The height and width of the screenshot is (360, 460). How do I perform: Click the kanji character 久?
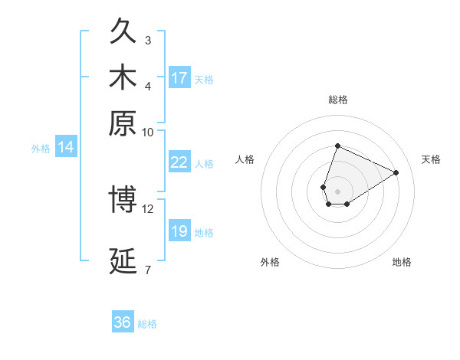(x=123, y=32)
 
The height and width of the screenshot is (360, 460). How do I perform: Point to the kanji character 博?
(x=123, y=200)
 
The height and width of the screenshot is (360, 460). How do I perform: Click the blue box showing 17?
(x=179, y=78)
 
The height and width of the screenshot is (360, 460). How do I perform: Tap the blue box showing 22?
(x=179, y=162)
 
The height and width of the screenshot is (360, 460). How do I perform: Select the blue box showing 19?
(x=179, y=231)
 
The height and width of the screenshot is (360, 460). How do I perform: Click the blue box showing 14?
(x=66, y=148)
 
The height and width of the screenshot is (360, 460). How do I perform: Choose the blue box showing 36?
(x=123, y=322)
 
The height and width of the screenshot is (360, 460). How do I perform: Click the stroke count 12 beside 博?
(x=148, y=208)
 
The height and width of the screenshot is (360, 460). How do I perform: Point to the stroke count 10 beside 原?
(x=148, y=132)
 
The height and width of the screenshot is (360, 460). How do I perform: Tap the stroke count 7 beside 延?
(x=148, y=269)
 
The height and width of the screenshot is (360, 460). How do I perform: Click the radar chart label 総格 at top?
(x=337, y=100)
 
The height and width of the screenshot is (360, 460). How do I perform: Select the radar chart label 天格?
(x=431, y=159)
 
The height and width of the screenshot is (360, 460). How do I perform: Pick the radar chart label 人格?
(x=245, y=159)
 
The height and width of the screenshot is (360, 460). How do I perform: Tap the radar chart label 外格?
(x=270, y=262)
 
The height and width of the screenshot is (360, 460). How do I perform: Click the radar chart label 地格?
(x=402, y=262)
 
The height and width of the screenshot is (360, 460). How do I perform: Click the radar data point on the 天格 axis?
(x=396, y=172)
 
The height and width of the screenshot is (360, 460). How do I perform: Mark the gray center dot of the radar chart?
(x=337, y=190)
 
